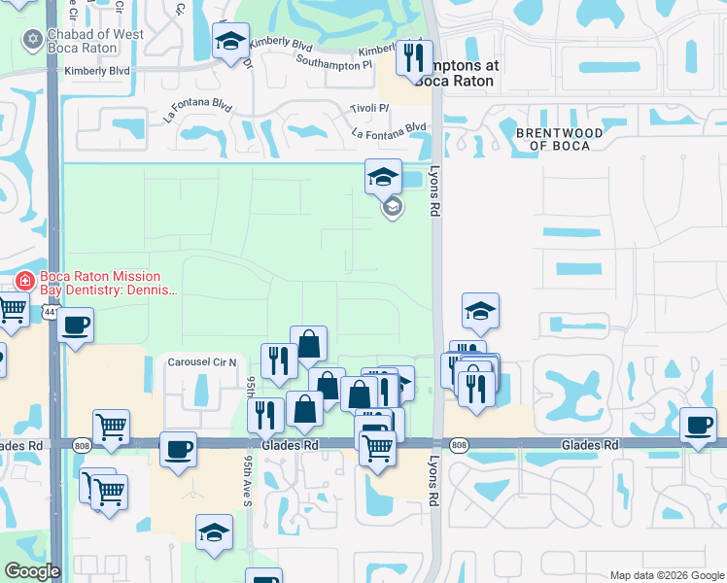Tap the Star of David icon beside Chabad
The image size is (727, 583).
point(32,40)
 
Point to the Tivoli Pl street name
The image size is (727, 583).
point(368,109)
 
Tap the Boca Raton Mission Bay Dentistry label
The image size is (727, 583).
point(108,282)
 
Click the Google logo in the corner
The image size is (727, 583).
point(32,570)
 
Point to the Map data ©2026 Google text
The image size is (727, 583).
point(666,574)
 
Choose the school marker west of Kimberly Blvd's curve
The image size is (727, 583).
point(230,42)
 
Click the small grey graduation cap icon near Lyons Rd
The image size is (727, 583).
point(392,207)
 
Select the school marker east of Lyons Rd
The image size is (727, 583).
point(480,311)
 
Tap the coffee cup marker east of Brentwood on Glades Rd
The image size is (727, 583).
point(699,426)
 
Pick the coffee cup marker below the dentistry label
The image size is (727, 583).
point(75,326)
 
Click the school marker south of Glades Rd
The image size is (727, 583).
point(214,532)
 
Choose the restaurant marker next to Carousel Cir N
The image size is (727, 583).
point(279,360)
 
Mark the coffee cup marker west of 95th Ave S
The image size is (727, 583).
point(177,450)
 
